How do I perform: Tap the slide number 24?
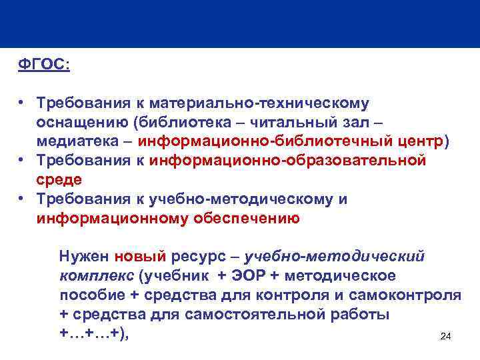(446, 337)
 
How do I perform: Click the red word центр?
(419, 141)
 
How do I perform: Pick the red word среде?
(59, 180)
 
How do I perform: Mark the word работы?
(355, 314)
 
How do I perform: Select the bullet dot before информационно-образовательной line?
(22, 161)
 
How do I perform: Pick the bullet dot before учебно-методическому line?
(22, 199)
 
